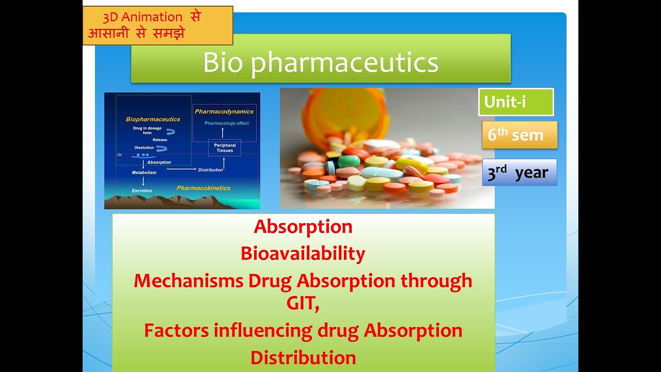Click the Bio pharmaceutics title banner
click(321, 63)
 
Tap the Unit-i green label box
click(515, 102)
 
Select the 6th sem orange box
click(519, 135)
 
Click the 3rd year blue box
click(519, 173)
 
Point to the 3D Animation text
click(143, 17)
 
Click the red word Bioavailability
click(303, 254)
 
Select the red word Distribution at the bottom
click(303, 358)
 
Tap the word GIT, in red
click(303, 303)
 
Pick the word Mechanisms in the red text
click(188, 281)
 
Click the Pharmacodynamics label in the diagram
click(224, 111)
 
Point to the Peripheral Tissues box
click(225, 148)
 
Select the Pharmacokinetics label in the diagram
click(203, 188)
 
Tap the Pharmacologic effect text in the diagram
click(226, 123)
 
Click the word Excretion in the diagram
click(142, 191)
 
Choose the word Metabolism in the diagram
click(144, 173)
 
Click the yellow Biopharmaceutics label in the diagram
click(153, 119)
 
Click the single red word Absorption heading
click(303, 227)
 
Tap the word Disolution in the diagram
click(144, 148)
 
